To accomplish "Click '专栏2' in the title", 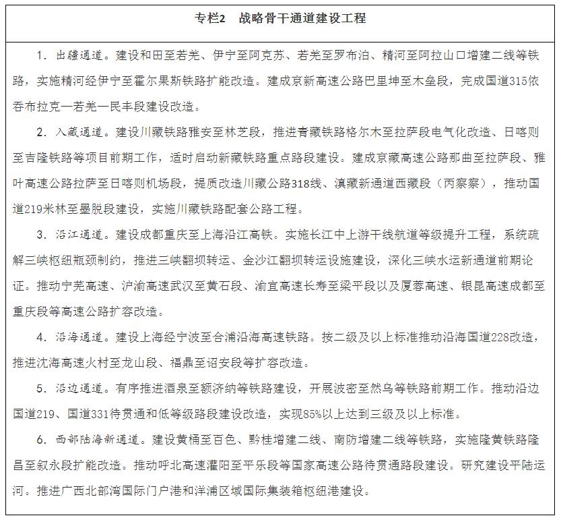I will (210, 18).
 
